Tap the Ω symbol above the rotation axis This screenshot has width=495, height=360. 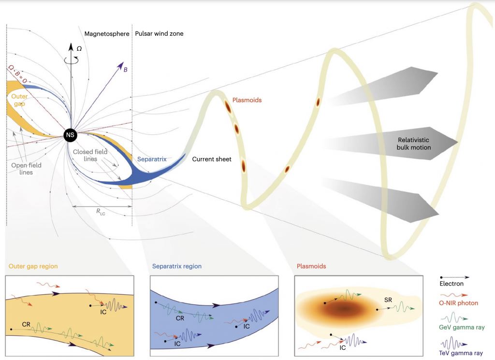[x=79, y=49]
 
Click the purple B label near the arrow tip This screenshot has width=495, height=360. [x=126, y=70]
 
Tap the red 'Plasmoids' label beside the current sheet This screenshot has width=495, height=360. [x=247, y=100]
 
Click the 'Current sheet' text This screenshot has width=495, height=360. [x=212, y=159]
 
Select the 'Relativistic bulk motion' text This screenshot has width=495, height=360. [x=411, y=143]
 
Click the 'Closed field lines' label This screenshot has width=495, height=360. [x=90, y=156]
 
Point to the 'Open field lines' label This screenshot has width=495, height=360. [x=26, y=168]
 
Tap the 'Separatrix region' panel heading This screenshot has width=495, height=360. [x=177, y=266]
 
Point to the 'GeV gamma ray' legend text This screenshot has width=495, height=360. [x=460, y=327]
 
